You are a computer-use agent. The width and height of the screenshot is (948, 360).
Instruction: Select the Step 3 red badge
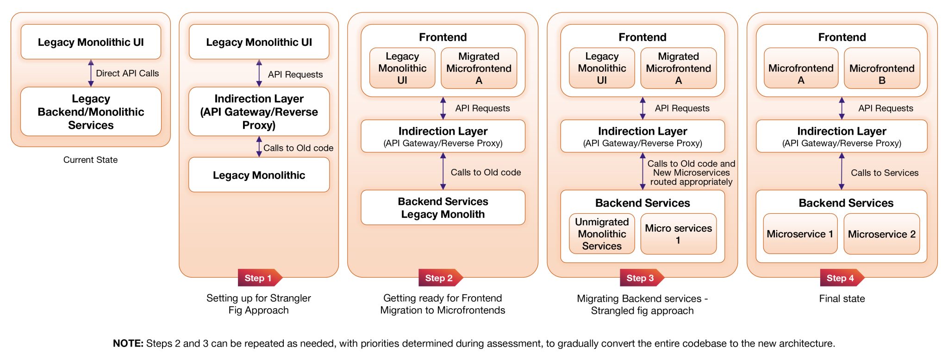(641, 278)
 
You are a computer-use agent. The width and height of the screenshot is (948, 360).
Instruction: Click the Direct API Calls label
(127, 73)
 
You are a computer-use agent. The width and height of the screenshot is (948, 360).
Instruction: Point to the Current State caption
(90, 160)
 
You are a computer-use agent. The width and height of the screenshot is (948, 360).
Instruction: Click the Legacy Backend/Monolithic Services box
(91, 112)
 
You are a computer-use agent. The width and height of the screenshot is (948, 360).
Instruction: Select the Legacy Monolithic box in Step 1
(259, 175)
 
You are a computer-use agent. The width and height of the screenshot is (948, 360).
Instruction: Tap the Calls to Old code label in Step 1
(298, 148)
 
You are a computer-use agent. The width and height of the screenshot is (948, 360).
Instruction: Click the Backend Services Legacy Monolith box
(443, 208)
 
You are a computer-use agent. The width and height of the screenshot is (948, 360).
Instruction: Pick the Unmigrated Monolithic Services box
(601, 234)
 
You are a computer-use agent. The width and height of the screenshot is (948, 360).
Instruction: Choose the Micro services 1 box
(678, 234)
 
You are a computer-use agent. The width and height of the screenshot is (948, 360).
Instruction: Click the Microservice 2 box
(881, 234)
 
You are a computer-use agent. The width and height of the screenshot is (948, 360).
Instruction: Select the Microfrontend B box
(881, 68)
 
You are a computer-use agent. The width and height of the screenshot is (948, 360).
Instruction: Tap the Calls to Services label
(884, 173)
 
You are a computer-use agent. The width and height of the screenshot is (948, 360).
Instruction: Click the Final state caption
(842, 298)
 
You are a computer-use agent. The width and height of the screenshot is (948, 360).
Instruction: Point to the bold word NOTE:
(128, 343)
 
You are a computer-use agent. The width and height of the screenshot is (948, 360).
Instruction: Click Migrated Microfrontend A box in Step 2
(479, 68)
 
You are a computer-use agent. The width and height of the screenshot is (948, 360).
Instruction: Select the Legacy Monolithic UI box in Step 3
(601, 68)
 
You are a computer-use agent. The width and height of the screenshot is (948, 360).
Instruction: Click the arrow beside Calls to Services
(842, 171)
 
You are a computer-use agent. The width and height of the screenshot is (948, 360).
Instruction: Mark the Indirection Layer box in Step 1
(259, 112)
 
